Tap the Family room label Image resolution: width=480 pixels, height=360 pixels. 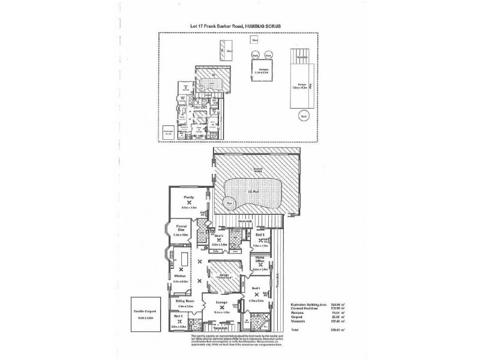coord(189,196)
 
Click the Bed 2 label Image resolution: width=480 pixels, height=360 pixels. coord(178,316)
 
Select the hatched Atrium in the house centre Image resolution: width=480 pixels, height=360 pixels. coord(226,277)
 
